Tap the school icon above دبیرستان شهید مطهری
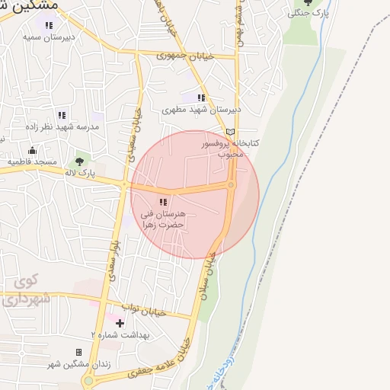(201, 97)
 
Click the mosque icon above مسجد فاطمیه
(33, 150)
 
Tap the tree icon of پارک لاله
(78, 161)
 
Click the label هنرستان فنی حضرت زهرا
(163, 220)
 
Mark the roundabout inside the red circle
(231, 185)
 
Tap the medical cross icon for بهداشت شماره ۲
(120, 323)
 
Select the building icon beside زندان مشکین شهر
(78, 352)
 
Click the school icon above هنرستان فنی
(163, 202)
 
